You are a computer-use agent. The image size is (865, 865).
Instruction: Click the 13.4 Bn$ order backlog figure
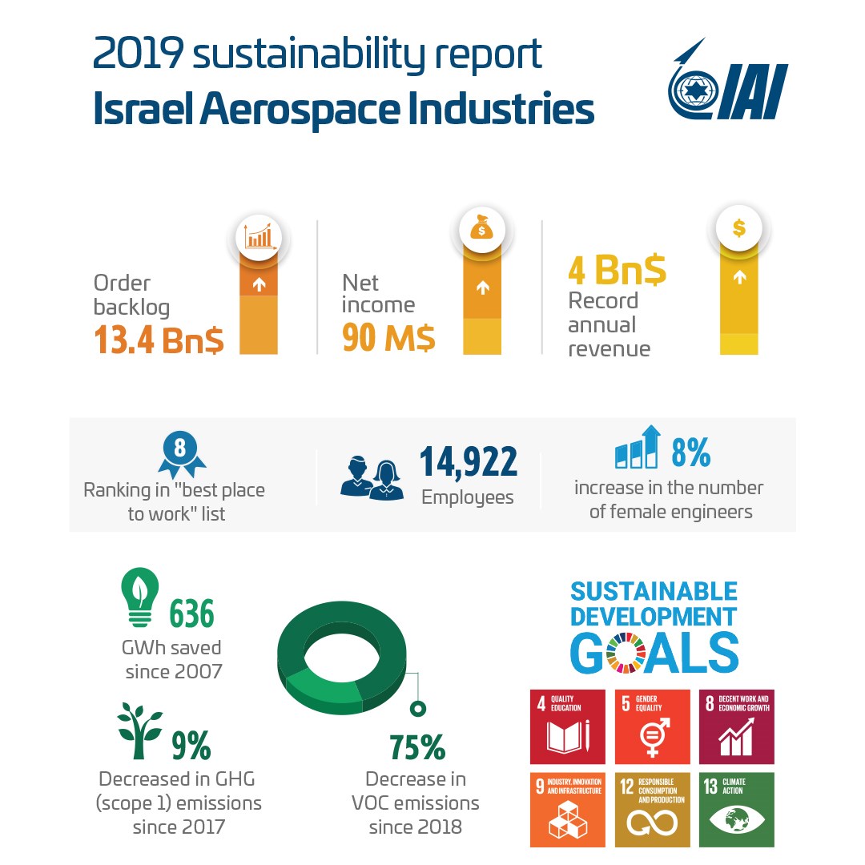click(x=159, y=340)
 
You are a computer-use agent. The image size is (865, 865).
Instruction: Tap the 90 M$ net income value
click(x=388, y=338)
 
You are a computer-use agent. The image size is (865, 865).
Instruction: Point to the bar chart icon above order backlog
click(x=259, y=237)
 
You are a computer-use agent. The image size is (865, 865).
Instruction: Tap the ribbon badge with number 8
click(x=179, y=453)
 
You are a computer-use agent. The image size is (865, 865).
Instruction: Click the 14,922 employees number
click(x=469, y=462)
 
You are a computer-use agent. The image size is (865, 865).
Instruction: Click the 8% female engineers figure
click(x=690, y=453)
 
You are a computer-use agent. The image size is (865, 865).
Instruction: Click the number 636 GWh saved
click(x=191, y=614)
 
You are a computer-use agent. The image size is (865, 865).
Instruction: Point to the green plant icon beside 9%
click(x=139, y=730)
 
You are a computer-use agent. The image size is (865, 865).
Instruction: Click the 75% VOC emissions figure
click(x=416, y=747)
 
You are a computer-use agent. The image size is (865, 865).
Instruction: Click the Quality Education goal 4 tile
click(x=568, y=726)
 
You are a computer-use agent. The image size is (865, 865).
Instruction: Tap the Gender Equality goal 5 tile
click(x=652, y=726)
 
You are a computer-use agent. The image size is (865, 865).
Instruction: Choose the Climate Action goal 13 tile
click(x=736, y=809)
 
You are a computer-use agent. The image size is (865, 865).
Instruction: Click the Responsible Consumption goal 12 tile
click(x=652, y=809)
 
